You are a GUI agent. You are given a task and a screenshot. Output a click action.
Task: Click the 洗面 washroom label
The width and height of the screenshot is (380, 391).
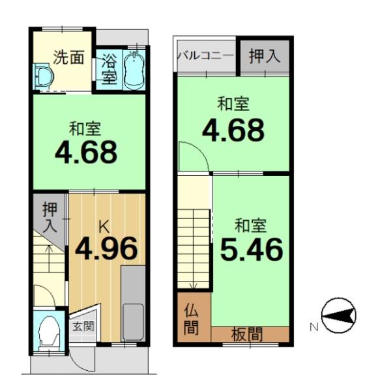tap(68, 57)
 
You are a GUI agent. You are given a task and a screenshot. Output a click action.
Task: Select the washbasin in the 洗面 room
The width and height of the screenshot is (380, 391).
tap(44, 76)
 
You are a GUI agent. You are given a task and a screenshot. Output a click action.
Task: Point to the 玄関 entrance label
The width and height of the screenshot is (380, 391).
tap(83, 326)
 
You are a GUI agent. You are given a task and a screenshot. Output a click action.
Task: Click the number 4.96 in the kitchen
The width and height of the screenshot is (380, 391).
tap(106, 248)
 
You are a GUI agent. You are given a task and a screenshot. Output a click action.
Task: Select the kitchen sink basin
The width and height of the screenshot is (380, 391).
tap(133, 322)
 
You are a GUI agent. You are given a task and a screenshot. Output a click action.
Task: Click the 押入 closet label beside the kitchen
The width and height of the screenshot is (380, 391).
tap(50, 218)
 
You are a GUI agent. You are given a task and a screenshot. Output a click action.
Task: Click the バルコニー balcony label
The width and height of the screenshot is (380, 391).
tap(206, 56)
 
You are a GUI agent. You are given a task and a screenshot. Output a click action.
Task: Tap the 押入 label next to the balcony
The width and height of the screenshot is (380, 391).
tap(265, 56)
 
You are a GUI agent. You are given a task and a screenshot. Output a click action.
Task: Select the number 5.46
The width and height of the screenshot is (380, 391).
tap(252, 249)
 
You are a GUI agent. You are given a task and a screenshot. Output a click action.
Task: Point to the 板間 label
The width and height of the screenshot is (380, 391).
tap(247, 334)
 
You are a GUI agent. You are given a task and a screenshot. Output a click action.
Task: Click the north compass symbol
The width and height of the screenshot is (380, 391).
tap(338, 315)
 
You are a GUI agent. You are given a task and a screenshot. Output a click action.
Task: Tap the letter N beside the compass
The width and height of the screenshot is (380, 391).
tap(314, 327)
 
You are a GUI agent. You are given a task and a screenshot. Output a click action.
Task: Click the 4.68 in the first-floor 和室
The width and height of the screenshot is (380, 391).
tap(86, 152)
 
